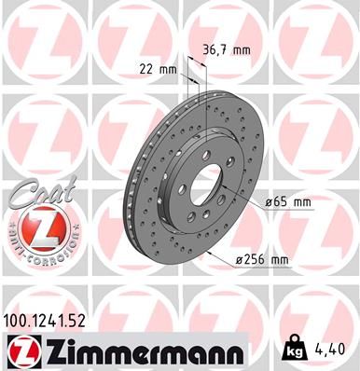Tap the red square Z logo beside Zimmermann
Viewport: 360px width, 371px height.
[19, 351]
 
